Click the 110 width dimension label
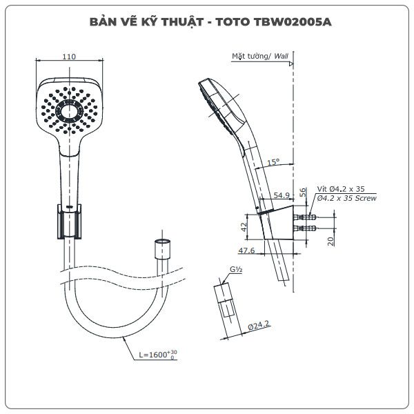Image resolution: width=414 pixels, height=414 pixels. [69, 57]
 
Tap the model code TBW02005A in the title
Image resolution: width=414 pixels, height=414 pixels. [293, 22]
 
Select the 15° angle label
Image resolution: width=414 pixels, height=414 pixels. [273, 162]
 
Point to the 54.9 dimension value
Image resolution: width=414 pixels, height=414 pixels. [282, 195]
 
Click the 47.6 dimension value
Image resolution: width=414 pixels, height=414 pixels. [246, 250]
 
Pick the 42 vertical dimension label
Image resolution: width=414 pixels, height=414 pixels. [244, 226]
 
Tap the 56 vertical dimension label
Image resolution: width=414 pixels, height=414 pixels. [303, 193]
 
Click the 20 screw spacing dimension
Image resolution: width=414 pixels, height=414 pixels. [331, 241]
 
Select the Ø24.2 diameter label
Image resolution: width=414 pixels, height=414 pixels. [259, 326]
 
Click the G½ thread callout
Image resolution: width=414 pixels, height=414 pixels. [236, 269]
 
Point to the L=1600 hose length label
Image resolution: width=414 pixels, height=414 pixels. [158, 355]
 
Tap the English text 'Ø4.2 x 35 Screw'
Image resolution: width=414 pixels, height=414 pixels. [347, 198]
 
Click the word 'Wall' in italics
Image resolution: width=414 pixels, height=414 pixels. [282, 56]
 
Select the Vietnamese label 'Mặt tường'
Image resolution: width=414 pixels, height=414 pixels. [250, 57]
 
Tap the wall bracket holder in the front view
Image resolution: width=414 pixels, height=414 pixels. [70, 221]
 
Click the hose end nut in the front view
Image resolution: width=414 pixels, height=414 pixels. [162, 249]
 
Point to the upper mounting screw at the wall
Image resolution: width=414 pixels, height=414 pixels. [305, 217]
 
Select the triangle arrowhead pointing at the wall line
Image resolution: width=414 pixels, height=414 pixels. [291, 63]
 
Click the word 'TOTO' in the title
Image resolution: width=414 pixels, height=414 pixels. [233, 22]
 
